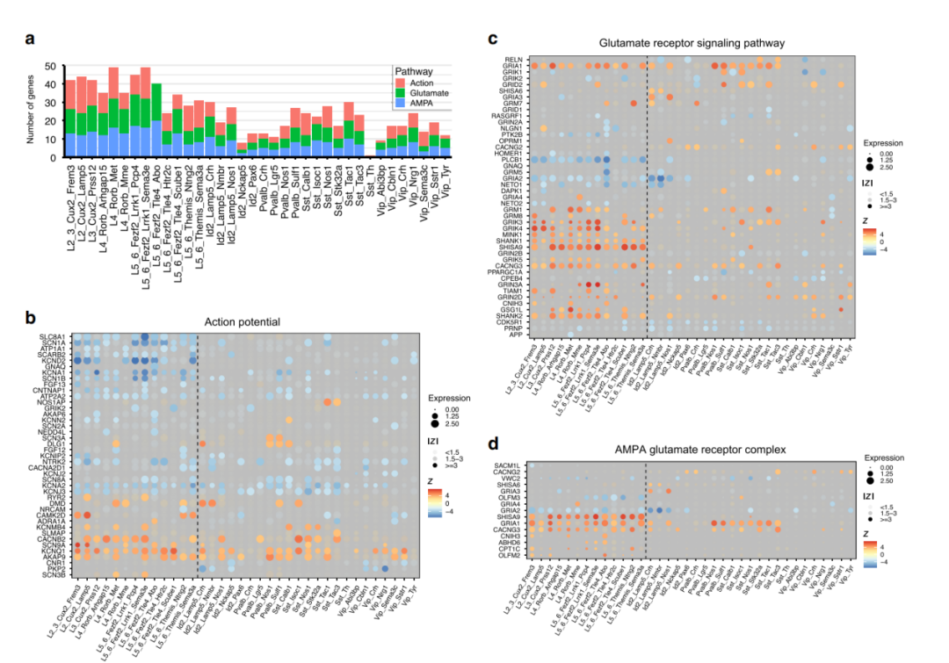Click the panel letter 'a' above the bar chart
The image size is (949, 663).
tap(30, 39)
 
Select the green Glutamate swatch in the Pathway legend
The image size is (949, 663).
tap(401, 92)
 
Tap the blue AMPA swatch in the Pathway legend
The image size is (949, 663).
tap(401, 103)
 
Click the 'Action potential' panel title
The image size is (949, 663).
tap(251, 322)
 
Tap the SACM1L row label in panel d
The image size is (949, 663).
tap(508, 465)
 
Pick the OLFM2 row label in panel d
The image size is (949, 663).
tap(510, 555)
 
